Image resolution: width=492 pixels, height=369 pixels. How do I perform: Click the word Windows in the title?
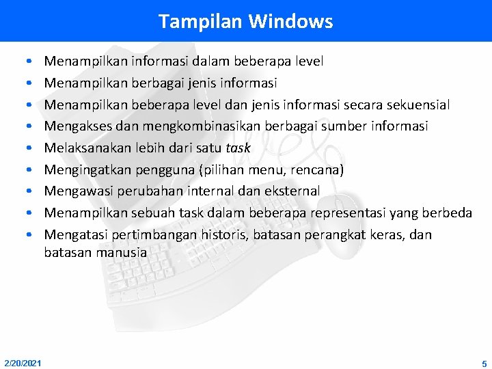click(x=290, y=21)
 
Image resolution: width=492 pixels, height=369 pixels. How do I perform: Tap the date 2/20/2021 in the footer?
click(x=22, y=363)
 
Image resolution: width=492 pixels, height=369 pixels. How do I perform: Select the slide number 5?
click(x=484, y=364)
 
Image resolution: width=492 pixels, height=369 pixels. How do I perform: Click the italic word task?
click(x=239, y=148)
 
